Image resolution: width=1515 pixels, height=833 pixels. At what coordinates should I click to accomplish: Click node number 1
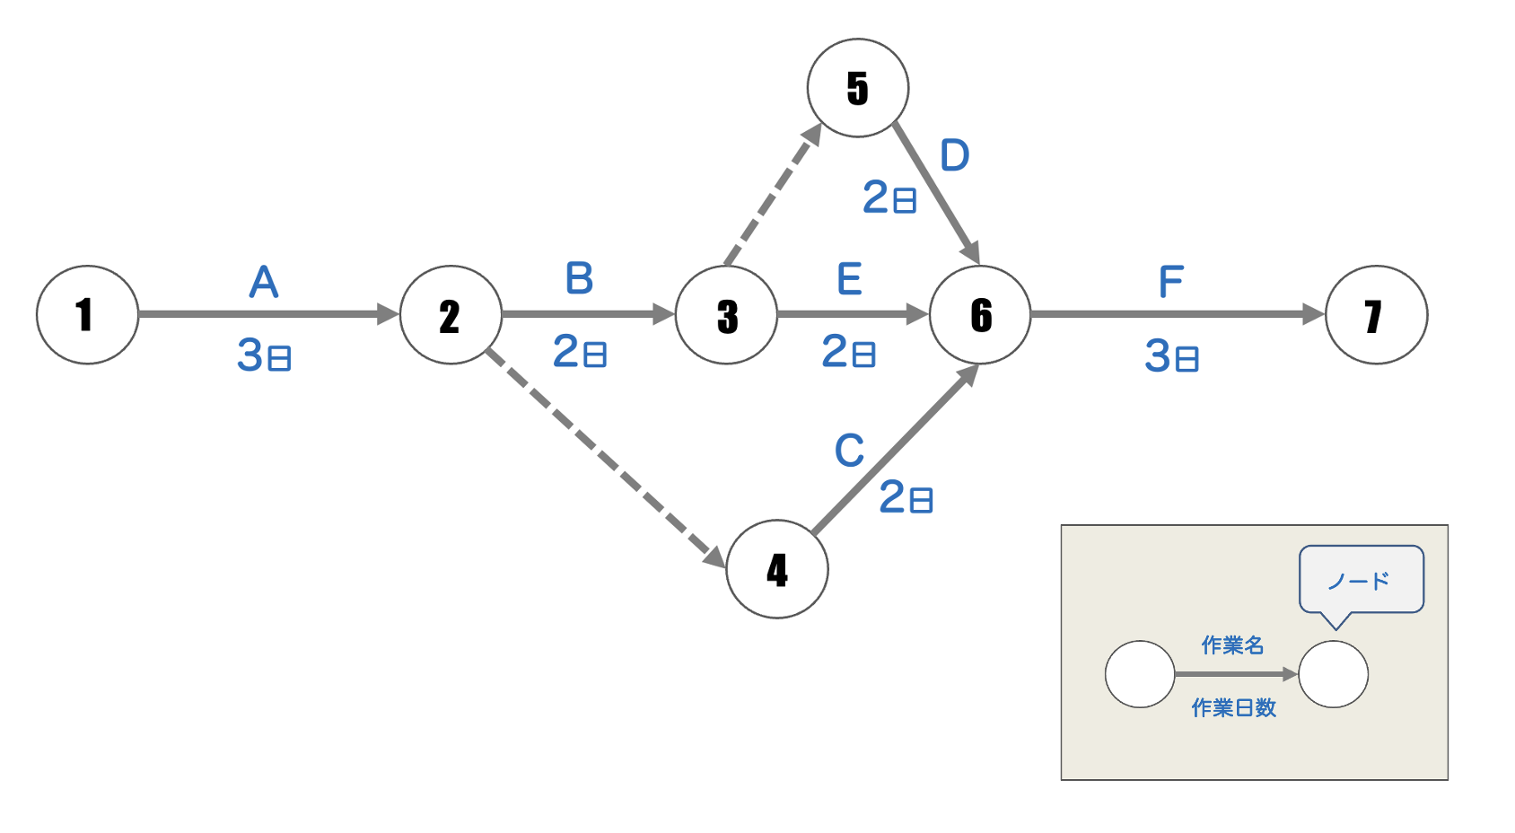point(87,315)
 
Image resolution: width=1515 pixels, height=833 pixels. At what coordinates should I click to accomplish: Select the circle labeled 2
point(451,315)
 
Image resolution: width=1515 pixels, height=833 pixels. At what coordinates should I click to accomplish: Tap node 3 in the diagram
point(726,315)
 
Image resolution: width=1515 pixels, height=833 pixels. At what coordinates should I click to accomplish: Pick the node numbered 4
point(777,569)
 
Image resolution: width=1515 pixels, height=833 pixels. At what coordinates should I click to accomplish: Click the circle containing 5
point(858,88)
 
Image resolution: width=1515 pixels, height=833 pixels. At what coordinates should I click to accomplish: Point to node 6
point(980,315)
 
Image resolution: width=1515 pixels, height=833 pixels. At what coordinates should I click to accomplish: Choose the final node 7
point(1376,315)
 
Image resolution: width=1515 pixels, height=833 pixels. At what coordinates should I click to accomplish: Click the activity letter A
point(264,282)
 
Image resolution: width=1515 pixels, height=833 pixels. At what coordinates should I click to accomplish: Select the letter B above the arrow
point(579,278)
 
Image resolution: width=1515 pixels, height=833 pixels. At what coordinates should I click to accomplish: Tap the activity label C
point(849,451)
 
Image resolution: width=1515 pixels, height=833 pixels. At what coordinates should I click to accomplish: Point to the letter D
point(955,155)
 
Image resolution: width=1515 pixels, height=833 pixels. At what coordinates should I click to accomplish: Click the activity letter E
point(849,279)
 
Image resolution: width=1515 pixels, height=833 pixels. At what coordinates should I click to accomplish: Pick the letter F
point(1171,282)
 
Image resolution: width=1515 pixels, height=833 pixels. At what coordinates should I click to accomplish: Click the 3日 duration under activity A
point(264,355)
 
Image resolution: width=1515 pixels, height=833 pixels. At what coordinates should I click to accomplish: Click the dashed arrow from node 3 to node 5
point(772,197)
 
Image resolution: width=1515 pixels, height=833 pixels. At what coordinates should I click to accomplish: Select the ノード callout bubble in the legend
point(1361,580)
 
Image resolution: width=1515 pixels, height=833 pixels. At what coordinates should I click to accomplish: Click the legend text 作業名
point(1232,644)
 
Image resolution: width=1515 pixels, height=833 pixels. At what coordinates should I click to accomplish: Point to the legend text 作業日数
point(1233,707)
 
